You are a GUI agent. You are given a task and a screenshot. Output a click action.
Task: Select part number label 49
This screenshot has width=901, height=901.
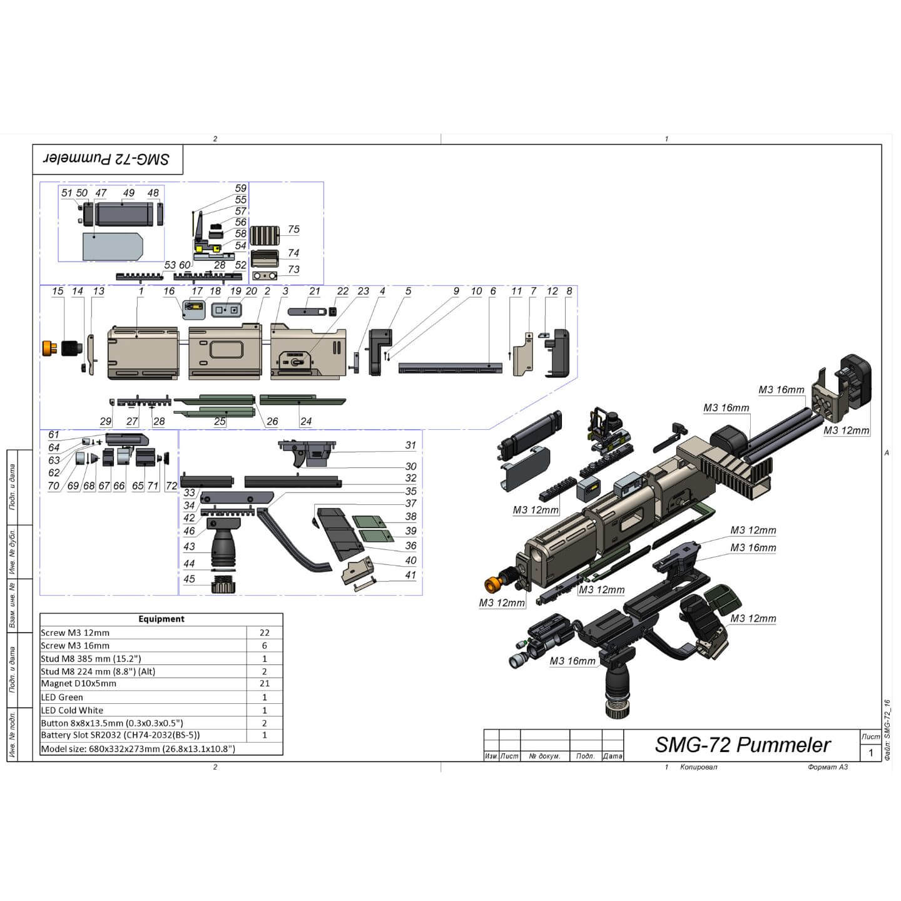[x=128, y=193]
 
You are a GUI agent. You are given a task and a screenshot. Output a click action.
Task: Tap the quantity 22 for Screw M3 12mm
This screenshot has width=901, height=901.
[x=264, y=633]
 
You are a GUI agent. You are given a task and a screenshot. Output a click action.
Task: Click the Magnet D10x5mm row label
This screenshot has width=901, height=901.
[x=78, y=684]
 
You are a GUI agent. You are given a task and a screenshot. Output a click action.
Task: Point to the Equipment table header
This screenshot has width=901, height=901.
[x=161, y=619]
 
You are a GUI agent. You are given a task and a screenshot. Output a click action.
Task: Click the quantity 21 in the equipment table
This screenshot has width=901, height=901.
[x=264, y=684]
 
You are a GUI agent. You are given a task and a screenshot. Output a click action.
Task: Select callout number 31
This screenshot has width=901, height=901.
[x=410, y=445]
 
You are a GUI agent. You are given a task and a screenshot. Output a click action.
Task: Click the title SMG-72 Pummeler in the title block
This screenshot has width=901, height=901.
[x=742, y=745]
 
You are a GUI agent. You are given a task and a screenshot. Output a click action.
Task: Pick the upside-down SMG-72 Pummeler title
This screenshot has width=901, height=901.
[x=106, y=159]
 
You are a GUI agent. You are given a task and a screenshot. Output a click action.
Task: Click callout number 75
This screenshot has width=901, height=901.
[x=293, y=230]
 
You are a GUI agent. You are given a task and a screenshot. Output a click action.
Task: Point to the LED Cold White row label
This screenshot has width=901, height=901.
[x=72, y=710]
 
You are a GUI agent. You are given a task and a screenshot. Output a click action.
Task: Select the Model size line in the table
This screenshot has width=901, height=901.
[x=138, y=749]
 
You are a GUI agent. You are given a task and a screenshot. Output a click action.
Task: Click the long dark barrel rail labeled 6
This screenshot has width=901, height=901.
[x=450, y=367]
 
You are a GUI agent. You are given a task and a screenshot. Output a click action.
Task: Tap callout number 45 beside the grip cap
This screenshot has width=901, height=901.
[x=190, y=579]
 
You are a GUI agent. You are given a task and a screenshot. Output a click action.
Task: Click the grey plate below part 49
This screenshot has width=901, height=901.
[x=113, y=247]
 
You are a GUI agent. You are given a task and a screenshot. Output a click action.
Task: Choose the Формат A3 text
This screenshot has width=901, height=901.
[x=827, y=767]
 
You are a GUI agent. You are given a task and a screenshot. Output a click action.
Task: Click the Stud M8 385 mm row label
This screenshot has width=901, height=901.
[x=91, y=658]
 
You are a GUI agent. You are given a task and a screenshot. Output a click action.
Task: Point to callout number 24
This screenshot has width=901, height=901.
[x=305, y=422]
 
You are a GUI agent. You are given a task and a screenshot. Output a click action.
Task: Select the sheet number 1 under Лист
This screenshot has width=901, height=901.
[x=870, y=753]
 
